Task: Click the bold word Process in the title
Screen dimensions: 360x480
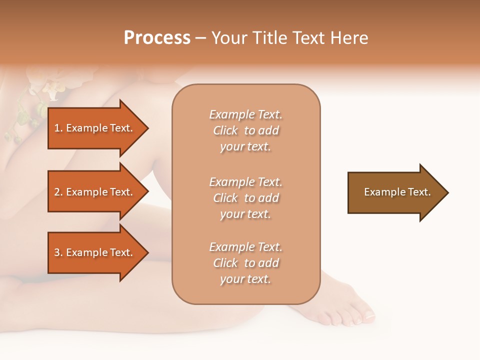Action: tap(157, 38)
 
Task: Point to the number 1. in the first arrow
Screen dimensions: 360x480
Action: tap(58, 128)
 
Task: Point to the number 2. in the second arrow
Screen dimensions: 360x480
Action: tap(58, 192)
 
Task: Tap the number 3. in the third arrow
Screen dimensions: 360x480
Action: tap(58, 252)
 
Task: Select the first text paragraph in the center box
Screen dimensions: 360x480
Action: tap(245, 130)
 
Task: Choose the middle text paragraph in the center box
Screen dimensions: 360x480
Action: tap(245, 198)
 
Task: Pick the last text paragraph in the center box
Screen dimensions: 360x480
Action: tap(245, 263)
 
